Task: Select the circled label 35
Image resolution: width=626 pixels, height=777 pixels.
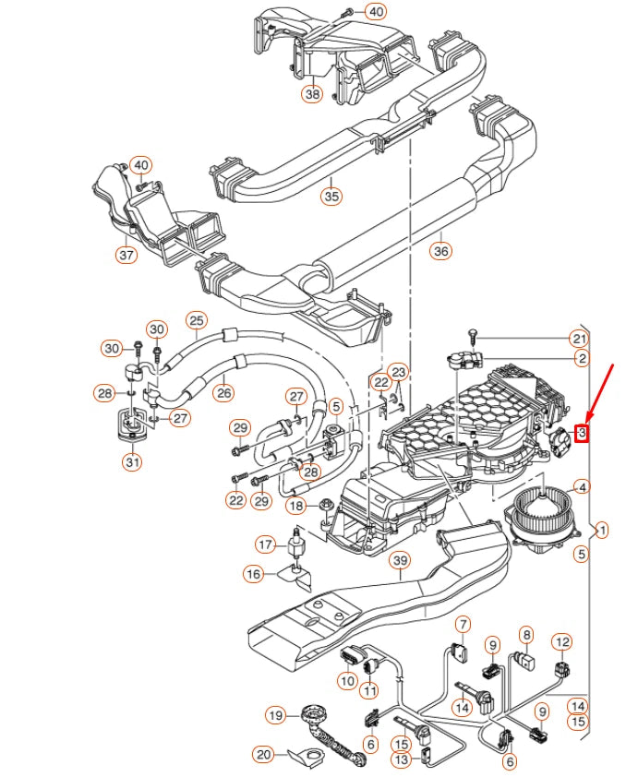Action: point(331,196)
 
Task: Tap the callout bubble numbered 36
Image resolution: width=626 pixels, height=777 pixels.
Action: point(441,250)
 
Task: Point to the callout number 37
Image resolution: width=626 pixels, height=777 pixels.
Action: point(126,254)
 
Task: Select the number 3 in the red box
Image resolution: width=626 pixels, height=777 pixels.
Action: point(582,432)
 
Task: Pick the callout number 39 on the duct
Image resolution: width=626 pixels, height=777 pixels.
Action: point(399,561)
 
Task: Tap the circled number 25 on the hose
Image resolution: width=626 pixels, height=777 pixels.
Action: point(196,320)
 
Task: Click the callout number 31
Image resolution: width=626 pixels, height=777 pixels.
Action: point(133,462)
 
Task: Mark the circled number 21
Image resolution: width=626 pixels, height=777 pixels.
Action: point(579,338)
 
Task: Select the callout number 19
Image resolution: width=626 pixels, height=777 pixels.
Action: point(275,714)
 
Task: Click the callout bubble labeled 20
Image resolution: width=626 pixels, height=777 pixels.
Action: point(264,755)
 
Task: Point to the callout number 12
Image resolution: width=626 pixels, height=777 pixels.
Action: point(562,641)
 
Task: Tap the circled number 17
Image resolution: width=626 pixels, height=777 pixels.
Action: point(265,544)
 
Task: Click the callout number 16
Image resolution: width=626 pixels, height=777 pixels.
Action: point(253,574)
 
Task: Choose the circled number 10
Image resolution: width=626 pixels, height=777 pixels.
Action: point(347,681)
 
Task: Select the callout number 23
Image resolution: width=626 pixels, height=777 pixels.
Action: point(398,372)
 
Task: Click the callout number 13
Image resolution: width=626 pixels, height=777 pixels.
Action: point(401,759)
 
